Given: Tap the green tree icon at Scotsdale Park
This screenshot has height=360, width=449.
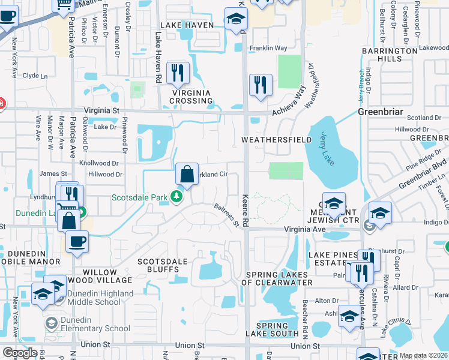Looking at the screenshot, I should click(176, 197).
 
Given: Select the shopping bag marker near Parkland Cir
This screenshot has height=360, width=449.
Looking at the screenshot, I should click(187, 175).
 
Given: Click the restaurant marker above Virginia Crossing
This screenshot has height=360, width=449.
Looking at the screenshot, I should click(178, 73).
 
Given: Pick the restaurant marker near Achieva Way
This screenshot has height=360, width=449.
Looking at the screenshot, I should click(261, 85).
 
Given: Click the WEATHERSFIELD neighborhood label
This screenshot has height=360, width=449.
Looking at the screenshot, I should click(276, 140).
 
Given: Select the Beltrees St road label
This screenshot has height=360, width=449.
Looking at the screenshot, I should click(227, 215).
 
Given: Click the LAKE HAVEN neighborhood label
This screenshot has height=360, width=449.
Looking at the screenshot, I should click(185, 25).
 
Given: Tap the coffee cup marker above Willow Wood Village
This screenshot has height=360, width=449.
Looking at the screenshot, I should click(76, 242).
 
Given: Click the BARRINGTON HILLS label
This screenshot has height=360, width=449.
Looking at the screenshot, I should click(390, 55).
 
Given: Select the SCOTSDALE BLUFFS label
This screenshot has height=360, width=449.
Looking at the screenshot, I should click(163, 266).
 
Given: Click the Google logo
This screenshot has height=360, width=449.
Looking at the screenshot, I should click(20, 353).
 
